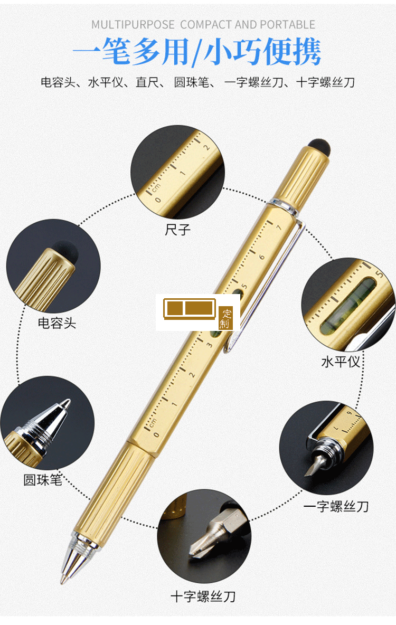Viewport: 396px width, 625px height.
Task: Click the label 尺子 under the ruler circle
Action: click(x=177, y=230)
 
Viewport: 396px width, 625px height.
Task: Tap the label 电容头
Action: click(x=56, y=323)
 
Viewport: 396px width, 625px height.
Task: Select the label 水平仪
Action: click(x=341, y=362)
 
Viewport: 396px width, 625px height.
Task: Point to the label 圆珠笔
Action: click(x=42, y=480)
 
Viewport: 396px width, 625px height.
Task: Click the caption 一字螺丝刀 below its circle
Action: click(x=336, y=506)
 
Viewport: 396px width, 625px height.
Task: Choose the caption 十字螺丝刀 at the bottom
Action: click(x=202, y=597)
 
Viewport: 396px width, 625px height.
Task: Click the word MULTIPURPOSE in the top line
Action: click(x=133, y=25)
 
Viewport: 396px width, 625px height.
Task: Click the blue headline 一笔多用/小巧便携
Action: click(x=196, y=53)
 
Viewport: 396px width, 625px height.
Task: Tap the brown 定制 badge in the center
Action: click(x=225, y=318)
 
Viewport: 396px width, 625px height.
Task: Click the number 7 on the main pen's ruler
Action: click(x=279, y=228)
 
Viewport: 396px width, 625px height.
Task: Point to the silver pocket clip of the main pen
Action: click(x=269, y=280)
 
